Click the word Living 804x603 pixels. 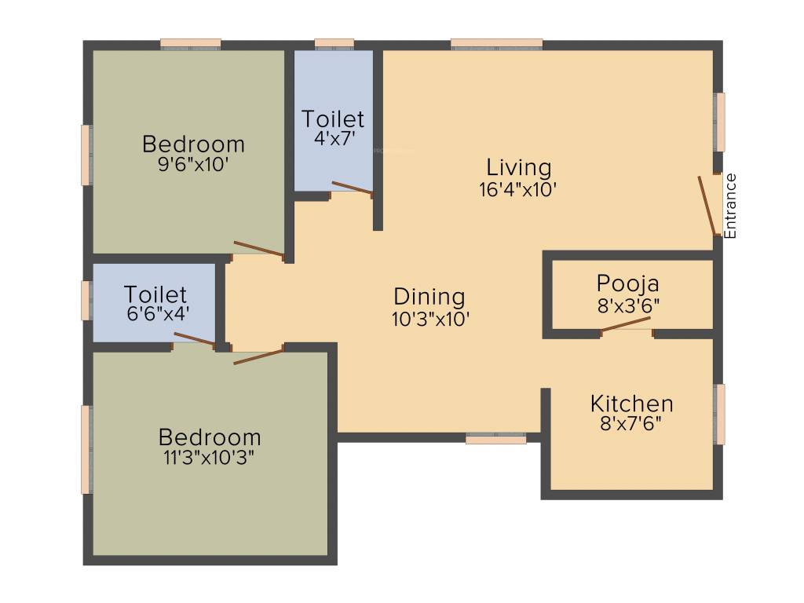[x=519, y=168]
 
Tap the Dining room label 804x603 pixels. [x=429, y=297]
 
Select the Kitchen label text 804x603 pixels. [x=632, y=404]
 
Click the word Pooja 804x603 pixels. [x=628, y=284]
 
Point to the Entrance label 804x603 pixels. [x=730, y=206]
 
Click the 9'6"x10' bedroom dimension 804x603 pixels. [x=193, y=165]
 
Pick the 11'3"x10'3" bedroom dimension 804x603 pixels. [x=209, y=457]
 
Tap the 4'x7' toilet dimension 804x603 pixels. [x=334, y=138]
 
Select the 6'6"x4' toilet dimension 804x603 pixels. [x=159, y=313]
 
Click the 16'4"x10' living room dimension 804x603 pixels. [x=518, y=190]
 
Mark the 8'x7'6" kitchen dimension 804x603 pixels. [x=630, y=424]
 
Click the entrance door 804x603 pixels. [x=707, y=206]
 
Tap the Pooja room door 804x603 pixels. [x=626, y=324]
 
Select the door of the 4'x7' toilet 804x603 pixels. [x=353, y=188]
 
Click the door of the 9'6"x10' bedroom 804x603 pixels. [x=258, y=249]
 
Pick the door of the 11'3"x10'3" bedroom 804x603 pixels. [x=258, y=356]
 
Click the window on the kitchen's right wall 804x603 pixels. [x=721, y=415]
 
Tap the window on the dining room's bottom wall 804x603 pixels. [x=496, y=438]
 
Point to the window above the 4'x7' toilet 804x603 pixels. [x=334, y=44]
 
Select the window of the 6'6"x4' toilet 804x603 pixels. [x=87, y=301]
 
